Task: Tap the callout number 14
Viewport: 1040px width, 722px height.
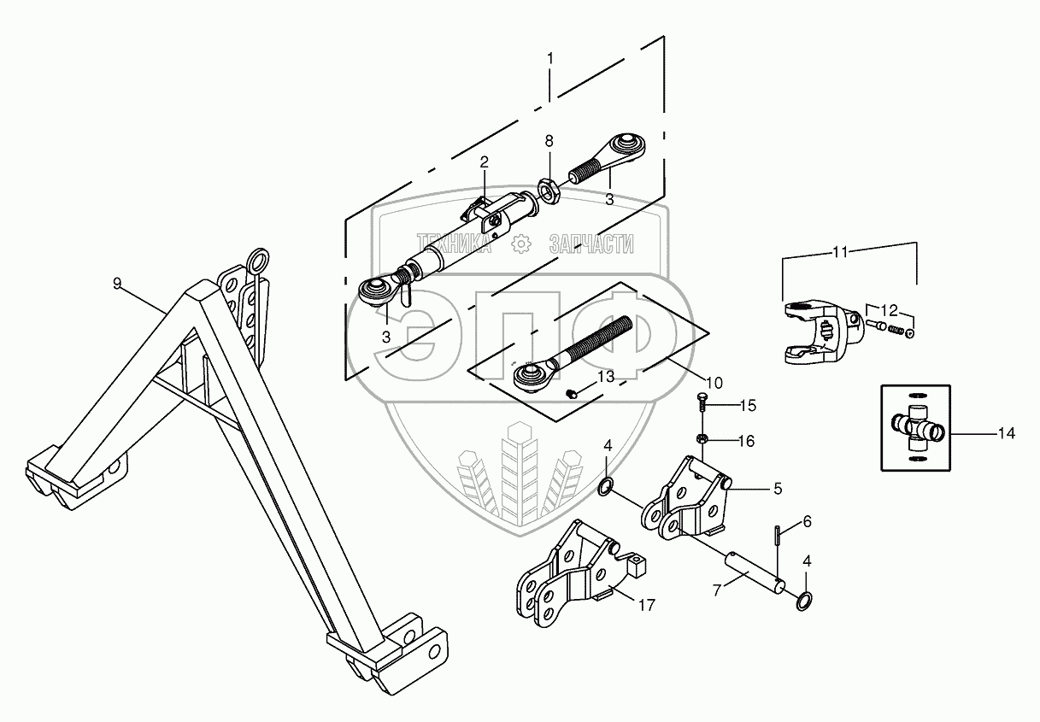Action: [x=1006, y=434]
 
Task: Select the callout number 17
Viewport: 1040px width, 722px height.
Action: [x=646, y=605]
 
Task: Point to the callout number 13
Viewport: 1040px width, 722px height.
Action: [x=605, y=377]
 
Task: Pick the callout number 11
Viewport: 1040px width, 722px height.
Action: [x=839, y=252]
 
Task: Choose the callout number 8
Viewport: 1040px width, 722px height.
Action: [x=549, y=139]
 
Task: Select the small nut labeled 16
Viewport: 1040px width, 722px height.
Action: [x=702, y=439]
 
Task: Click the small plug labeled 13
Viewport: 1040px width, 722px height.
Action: [x=571, y=393]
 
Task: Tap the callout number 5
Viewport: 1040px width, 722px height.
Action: [x=778, y=490]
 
